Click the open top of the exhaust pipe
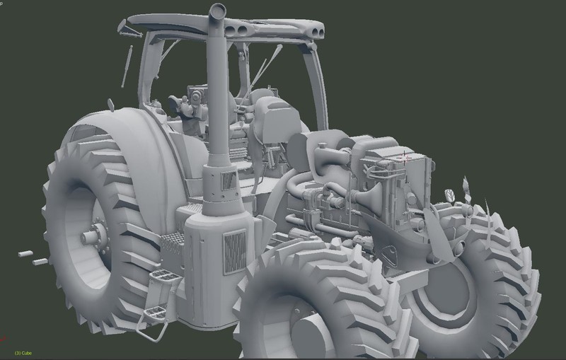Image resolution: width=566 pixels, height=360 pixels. [x=217, y=11]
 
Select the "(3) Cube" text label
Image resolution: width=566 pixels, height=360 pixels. [x=23, y=353]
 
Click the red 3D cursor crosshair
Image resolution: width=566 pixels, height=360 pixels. [x=404, y=158]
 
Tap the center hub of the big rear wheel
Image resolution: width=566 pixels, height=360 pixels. [x=92, y=236]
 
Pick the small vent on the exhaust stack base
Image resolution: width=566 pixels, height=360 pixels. [x=228, y=180]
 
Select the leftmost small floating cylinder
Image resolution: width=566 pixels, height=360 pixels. [x=25, y=254]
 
